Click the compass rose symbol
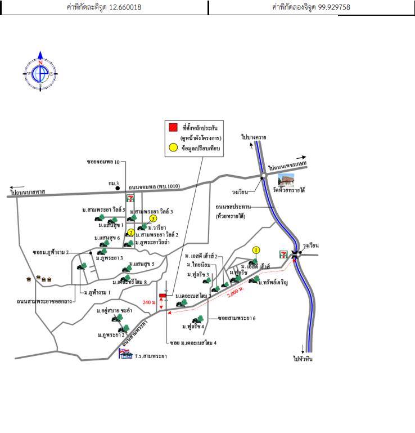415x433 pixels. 40,73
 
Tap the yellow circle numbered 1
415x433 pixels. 256,249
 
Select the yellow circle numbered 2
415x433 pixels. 130,233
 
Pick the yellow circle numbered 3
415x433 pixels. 152,218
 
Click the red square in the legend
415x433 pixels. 173,127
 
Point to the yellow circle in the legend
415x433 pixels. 173,149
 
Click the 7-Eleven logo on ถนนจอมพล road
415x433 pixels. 130,198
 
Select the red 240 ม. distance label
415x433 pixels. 149,302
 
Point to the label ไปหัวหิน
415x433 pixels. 304,358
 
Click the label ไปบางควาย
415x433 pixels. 254,137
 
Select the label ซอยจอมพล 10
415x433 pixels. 103,162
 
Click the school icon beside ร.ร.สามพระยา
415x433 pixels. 125,354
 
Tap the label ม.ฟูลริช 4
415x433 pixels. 193,326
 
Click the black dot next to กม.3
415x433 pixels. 118,188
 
